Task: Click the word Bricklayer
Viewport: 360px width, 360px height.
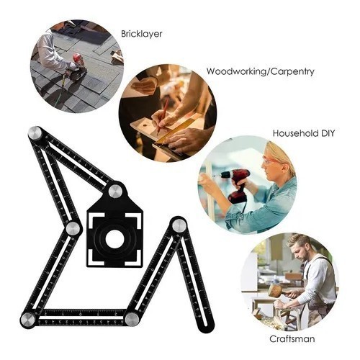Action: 142,34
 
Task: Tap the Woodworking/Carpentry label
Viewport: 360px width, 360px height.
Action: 261,71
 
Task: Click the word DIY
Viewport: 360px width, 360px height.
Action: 327,133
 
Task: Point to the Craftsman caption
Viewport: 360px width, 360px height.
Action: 292,339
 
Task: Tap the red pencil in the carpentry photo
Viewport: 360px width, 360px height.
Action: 162,116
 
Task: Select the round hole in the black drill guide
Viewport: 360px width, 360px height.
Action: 114,238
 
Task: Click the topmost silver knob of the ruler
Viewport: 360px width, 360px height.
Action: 35,133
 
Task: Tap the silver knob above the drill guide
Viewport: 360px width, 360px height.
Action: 116,191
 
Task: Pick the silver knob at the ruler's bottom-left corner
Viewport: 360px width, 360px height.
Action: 27,320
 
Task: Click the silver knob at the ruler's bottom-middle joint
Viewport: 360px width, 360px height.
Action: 132,319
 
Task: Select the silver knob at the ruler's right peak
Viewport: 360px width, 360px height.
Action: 179,225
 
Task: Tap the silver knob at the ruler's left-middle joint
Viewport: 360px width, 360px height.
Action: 73,228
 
